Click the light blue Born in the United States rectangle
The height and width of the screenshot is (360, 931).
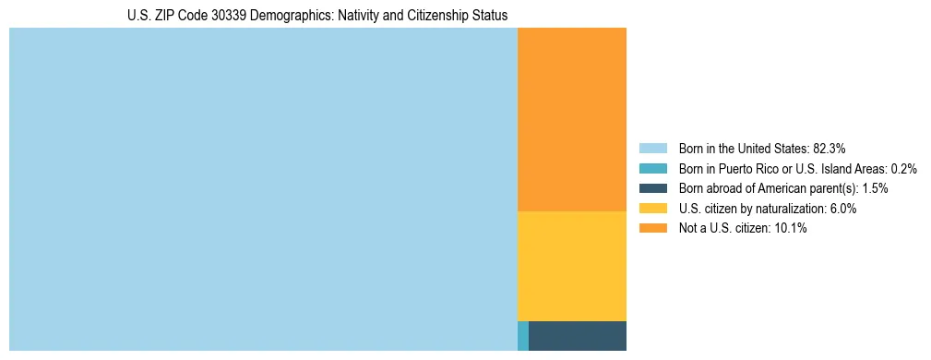[263, 189]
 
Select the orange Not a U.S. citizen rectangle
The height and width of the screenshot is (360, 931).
[572, 120]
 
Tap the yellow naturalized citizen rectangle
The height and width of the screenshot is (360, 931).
[572, 266]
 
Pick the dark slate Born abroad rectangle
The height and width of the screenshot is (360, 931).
[578, 336]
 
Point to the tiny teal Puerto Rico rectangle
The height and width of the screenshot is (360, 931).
[523, 336]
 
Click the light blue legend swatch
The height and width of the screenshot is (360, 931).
[652, 148]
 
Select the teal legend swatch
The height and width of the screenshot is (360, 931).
[652, 168]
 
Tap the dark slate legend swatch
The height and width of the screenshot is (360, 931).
[652, 188]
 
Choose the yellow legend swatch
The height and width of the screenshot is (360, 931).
[652, 209]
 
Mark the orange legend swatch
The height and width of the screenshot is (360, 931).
[652, 229]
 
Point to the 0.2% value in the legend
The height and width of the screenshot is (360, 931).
[904, 168]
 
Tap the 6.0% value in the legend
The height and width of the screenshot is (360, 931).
[842, 209]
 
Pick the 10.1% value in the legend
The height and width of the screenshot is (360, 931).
[792, 229]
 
